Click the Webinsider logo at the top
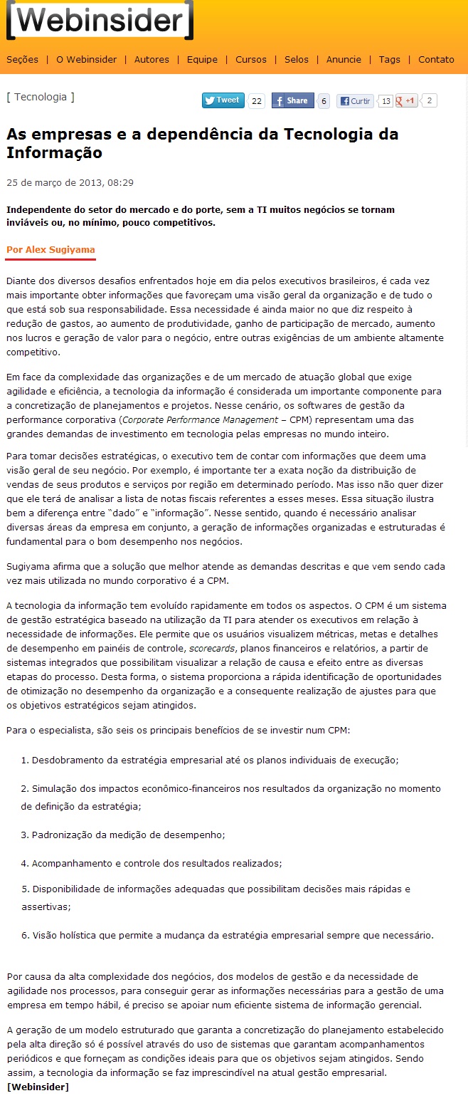click(x=100, y=21)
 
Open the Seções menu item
click(x=22, y=60)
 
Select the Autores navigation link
click(x=151, y=60)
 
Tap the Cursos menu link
click(x=251, y=60)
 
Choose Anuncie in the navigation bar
click(x=344, y=60)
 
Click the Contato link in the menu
click(x=436, y=60)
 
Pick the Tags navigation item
click(x=389, y=60)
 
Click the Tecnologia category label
click(x=41, y=97)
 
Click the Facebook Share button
click(x=292, y=101)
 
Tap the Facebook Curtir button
click(x=355, y=101)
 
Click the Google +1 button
click(x=407, y=101)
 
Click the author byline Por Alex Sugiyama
click(x=50, y=249)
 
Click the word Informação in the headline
click(x=54, y=153)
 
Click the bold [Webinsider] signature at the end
click(x=38, y=1087)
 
